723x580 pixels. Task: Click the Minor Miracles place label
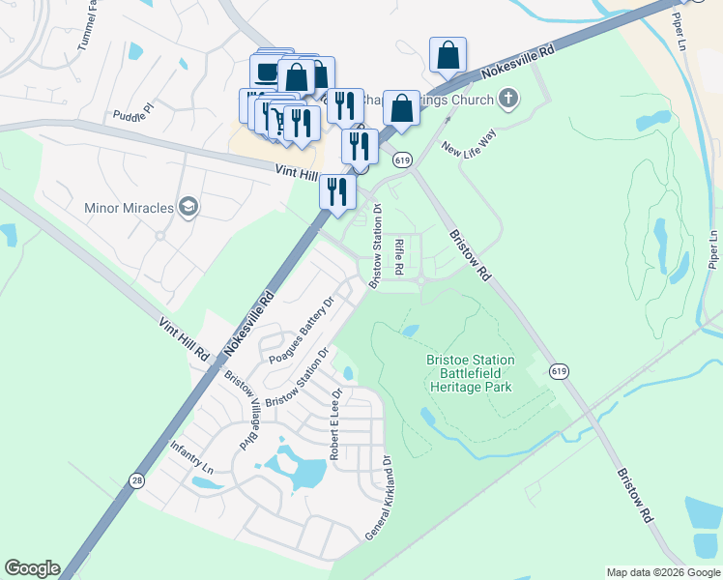coord(129,208)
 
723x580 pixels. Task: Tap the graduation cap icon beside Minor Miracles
coord(188,208)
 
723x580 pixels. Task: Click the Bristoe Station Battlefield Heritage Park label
coord(471,373)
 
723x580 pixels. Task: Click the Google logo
coord(32,568)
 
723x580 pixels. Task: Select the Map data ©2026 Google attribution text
coord(663,572)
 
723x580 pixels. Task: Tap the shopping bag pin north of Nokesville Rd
coord(448,55)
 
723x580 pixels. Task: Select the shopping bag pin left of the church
coord(401,108)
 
